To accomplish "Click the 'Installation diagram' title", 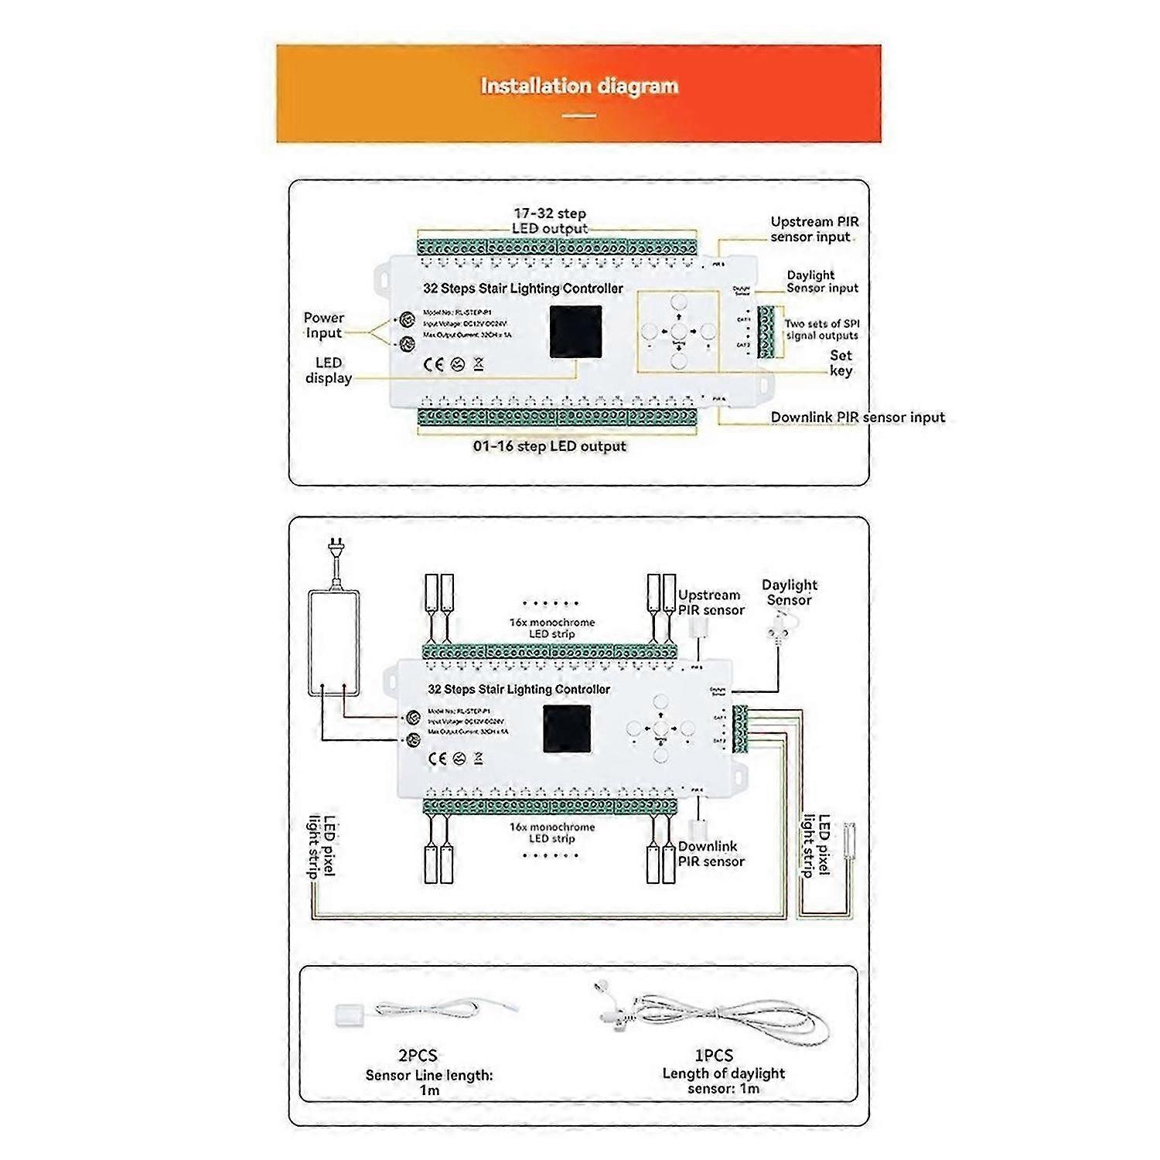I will (579, 86).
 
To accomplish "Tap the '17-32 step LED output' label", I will (550, 221).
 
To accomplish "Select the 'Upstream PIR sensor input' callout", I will (814, 230).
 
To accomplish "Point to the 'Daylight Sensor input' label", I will (822, 281).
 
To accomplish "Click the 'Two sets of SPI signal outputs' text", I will (822, 329).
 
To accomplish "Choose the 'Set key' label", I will (841, 363).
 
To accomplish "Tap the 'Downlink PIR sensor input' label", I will (858, 418).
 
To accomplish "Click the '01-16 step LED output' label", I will (549, 446).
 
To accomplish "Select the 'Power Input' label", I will (323, 326).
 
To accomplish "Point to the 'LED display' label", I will (329, 370).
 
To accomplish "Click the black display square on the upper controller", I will (575, 332).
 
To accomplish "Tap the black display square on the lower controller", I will (567, 728).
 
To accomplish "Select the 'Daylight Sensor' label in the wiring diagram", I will (789, 592).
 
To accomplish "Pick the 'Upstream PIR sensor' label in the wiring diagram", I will (711, 602).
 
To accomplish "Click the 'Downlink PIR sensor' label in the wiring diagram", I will (711, 854).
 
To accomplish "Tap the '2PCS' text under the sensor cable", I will (418, 1055).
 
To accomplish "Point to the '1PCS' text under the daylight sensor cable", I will (714, 1055).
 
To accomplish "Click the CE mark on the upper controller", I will (434, 365).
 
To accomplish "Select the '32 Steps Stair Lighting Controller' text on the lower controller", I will (519, 689).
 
